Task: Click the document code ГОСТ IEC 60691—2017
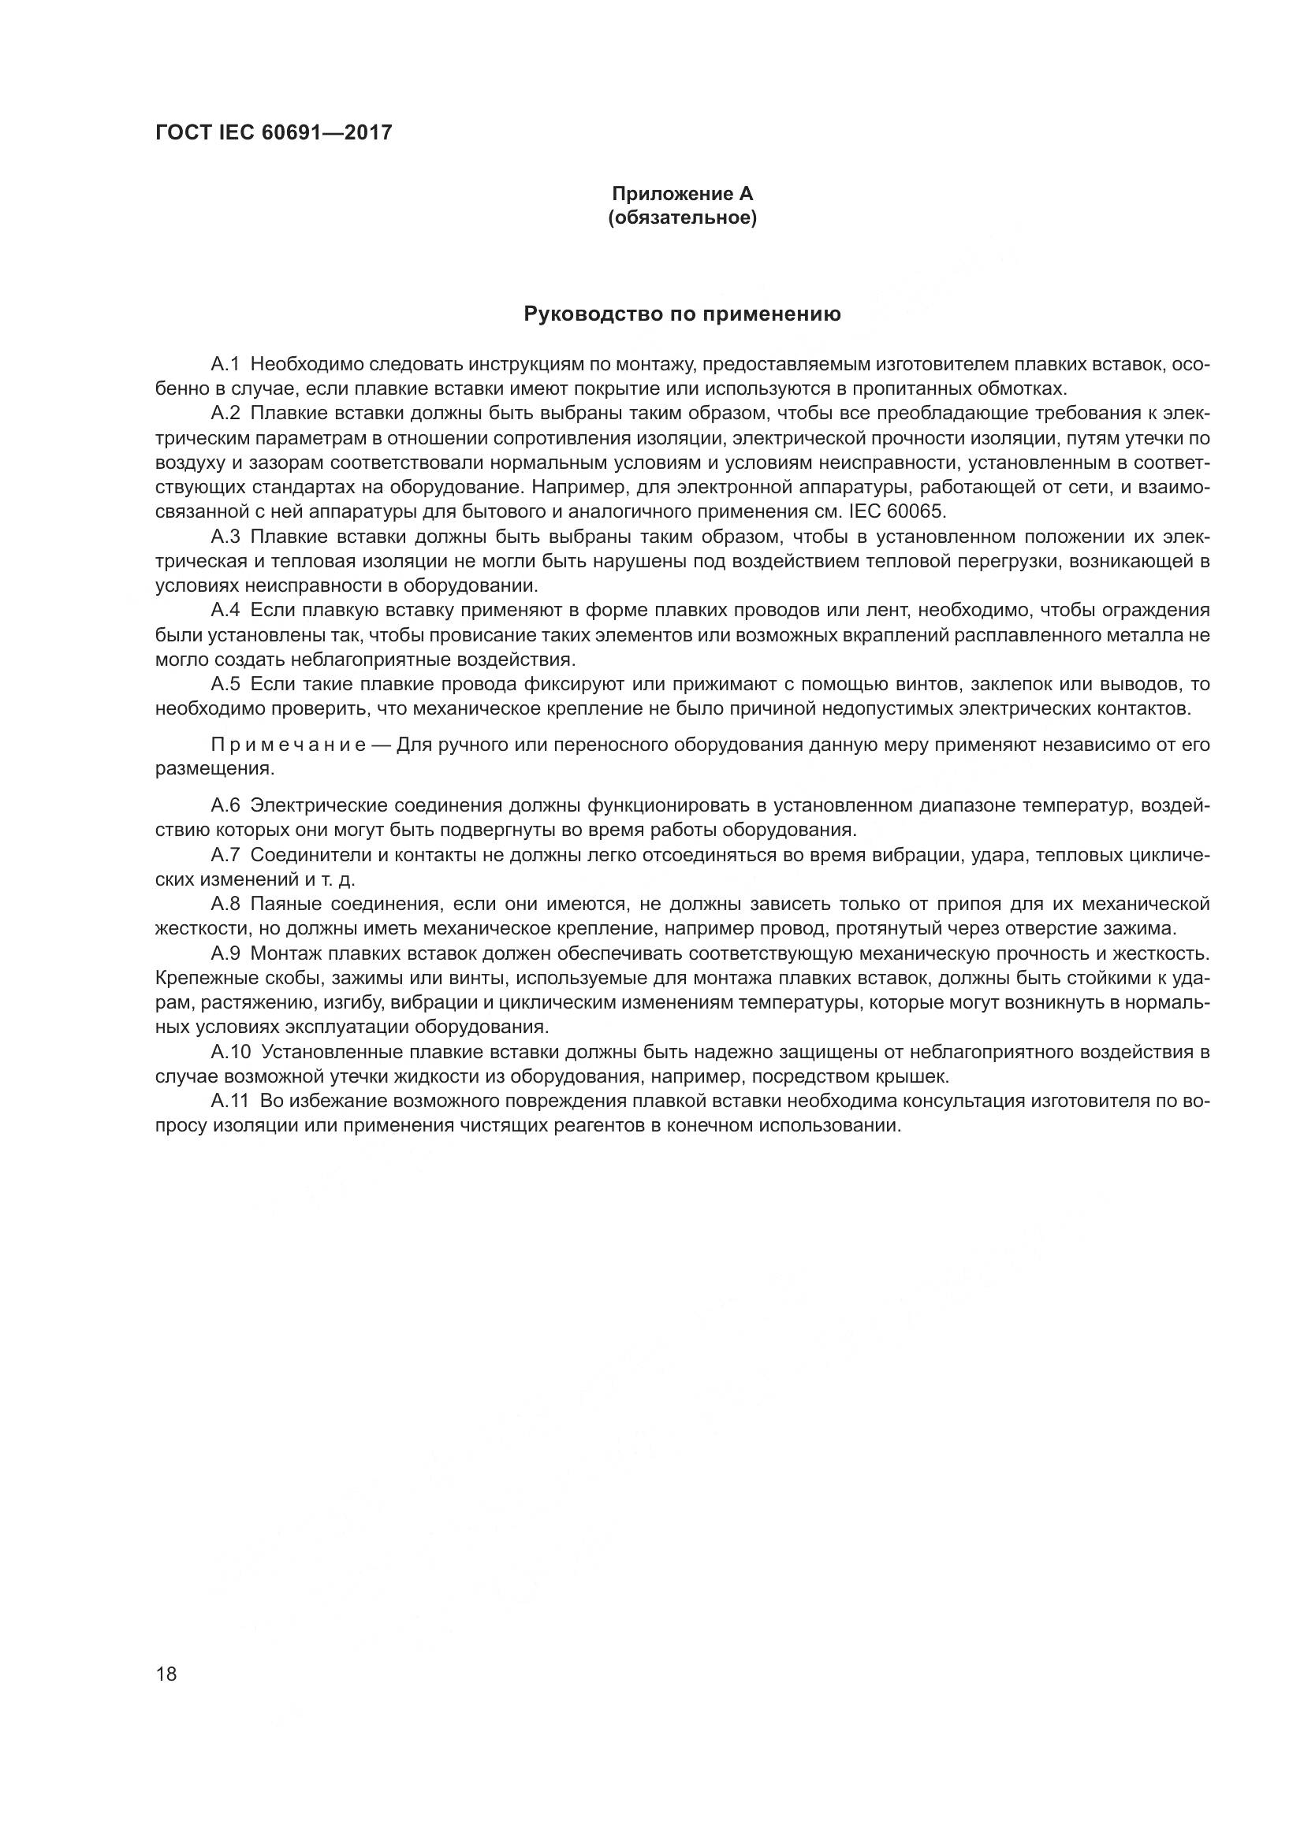point(273,132)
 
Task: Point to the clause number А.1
point(225,365)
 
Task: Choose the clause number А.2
point(225,414)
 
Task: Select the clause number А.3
point(225,537)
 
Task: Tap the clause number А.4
point(225,610)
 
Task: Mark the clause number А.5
point(225,684)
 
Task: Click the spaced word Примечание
point(289,745)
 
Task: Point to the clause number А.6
point(225,805)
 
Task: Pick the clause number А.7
point(225,855)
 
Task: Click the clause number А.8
point(225,904)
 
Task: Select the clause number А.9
point(225,953)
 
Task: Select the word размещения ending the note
point(214,769)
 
